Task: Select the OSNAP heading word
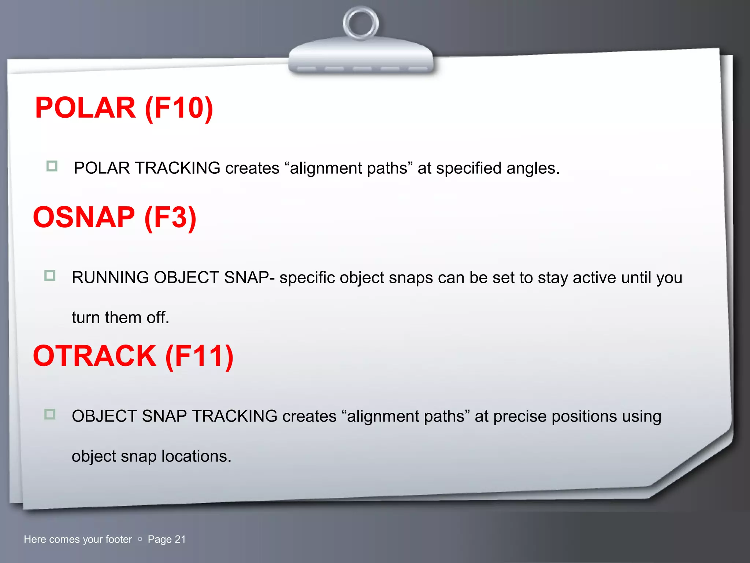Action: click(84, 217)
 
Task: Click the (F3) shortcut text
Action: click(170, 217)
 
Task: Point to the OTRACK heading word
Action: click(94, 356)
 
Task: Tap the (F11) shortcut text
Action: click(199, 356)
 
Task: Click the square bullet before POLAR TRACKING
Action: click(52, 166)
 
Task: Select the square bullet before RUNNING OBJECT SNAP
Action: click(50, 275)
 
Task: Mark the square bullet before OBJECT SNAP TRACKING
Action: click(50, 414)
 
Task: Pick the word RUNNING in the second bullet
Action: click(110, 277)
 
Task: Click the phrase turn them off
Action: click(120, 317)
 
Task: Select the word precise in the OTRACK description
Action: click(520, 416)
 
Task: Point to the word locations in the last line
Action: click(196, 456)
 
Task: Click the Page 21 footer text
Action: click(167, 539)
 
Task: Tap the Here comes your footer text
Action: click(78, 539)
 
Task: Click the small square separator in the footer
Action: click(140, 539)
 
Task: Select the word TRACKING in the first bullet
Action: click(178, 168)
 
